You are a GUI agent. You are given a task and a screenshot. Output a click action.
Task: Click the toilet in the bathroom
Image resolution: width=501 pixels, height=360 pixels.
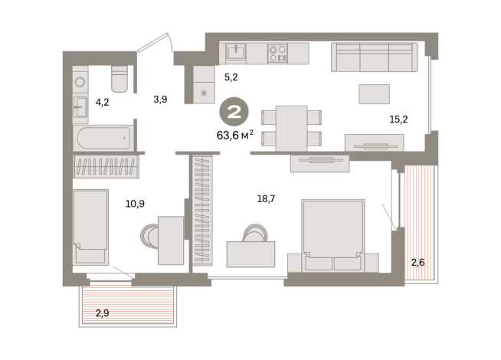point(120,79)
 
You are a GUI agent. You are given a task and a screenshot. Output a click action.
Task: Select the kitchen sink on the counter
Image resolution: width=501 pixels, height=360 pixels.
point(236,52)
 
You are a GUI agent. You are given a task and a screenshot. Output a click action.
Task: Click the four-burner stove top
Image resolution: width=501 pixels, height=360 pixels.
point(277,54)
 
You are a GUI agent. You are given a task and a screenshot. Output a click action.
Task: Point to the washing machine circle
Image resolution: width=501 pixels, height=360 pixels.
point(80,82)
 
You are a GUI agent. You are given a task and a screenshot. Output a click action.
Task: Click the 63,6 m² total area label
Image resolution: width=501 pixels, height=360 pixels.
point(235,135)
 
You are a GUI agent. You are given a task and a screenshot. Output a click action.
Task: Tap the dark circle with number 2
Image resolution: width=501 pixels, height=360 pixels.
point(234,112)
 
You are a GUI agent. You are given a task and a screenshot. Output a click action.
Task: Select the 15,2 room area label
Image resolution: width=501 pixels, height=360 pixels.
point(398,119)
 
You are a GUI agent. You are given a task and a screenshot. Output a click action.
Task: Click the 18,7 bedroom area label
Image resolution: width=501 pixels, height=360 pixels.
point(266,199)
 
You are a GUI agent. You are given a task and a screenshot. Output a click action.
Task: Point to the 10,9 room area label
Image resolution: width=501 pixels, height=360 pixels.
point(135,204)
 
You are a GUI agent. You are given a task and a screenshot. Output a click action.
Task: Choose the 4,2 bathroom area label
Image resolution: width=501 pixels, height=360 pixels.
point(102,102)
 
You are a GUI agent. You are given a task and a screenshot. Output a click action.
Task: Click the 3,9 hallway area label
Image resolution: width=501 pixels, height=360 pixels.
point(160,100)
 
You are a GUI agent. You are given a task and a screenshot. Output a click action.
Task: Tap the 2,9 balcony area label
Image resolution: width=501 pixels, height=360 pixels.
point(102,313)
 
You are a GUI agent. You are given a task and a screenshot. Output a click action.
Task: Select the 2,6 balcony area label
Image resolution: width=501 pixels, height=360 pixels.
point(417,263)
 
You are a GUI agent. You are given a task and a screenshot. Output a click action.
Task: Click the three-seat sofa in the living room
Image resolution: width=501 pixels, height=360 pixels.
point(374,57)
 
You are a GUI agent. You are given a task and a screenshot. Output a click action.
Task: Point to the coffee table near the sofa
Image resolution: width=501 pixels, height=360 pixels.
point(374,94)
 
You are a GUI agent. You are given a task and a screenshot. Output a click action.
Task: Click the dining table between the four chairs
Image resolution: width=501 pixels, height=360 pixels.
point(291,128)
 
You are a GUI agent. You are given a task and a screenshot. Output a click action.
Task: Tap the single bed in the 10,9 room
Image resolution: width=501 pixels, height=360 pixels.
point(90,227)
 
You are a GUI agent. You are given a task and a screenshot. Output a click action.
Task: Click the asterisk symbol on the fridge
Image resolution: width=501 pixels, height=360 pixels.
point(204,93)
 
